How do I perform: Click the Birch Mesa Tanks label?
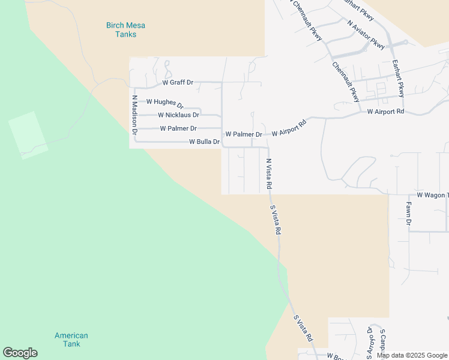pos(125,29)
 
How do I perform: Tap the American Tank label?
pos(71,340)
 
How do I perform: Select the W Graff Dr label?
pos(178,82)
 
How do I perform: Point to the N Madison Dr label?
pos(135,114)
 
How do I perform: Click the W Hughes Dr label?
pos(164,103)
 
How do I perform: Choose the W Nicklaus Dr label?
pos(178,115)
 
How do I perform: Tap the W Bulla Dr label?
pos(204,142)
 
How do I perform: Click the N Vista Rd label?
pos(269,175)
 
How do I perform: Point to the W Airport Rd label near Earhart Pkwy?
pos(385,112)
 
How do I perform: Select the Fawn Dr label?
pos(408,214)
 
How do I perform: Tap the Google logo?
pos(20,353)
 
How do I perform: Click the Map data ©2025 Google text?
pos(412,355)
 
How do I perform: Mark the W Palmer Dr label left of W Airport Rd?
pos(243,134)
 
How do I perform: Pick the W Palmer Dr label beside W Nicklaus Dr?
pos(178,128)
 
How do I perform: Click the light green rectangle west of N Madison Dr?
pos(28,135)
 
